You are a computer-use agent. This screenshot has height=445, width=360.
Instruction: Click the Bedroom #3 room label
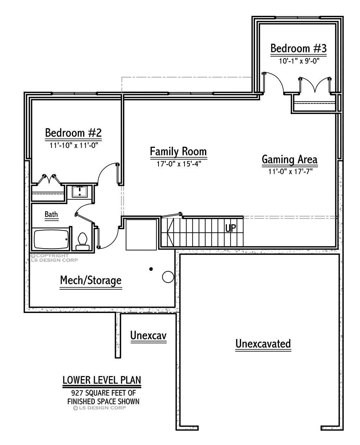298,48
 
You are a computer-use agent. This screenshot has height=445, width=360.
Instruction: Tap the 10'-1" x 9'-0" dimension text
299,61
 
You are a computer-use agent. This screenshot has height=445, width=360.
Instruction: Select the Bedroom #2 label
73,133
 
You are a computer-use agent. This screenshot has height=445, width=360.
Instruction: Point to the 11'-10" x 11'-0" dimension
73,145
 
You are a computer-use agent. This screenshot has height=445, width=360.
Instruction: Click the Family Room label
178,152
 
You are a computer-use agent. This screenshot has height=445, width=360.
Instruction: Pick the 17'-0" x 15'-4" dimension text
179,164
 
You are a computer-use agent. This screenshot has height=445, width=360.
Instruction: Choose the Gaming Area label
290,159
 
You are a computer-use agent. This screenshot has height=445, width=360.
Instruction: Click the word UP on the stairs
230,228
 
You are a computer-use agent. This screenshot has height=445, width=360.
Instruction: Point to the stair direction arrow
170,232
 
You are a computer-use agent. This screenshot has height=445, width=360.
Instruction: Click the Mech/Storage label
91,281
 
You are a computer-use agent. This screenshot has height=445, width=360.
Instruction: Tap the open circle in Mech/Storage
168,277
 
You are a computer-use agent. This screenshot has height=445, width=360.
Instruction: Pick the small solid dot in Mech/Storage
151,269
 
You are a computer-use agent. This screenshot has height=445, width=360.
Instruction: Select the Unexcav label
148,336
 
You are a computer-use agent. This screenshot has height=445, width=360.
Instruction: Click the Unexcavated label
263,343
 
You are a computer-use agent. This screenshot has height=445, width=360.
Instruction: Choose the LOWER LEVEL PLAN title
102,380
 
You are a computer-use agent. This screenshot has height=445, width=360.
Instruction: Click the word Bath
51,214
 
